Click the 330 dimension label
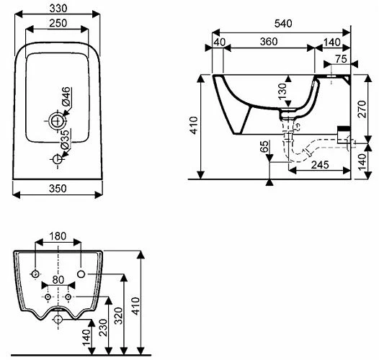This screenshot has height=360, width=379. [58, 9]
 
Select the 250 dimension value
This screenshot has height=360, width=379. [58, 23]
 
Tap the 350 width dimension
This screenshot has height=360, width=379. [58, 189]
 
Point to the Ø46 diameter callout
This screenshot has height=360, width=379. [66, 96]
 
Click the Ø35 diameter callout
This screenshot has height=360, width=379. [65, 140]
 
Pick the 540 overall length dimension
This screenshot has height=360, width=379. [283, 23]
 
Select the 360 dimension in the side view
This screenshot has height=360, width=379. [269, 42]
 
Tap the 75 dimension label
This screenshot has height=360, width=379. [342, 59]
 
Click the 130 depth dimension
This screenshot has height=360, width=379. [282, 91]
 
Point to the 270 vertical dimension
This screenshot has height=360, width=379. [362, 109]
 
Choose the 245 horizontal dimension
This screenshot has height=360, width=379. [320, 165]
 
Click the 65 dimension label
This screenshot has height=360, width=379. [264, 146]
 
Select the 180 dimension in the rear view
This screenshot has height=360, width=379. [58, 236]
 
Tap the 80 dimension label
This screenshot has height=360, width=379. [58, 280]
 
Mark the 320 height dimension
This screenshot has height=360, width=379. [118, 315]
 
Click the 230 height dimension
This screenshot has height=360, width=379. [103, 328]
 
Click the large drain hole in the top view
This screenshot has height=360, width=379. [58, 120]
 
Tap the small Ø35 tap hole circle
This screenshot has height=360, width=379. [58, 159]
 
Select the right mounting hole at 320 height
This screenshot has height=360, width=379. [81, 274]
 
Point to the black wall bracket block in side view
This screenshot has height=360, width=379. [344, 129]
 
